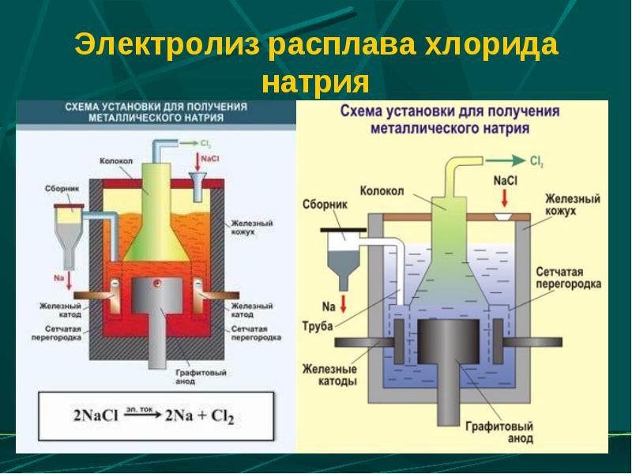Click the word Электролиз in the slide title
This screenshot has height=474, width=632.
167,44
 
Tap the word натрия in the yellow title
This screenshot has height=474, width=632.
315,83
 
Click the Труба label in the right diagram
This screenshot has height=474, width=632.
318,325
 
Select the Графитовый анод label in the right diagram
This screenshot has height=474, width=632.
499,431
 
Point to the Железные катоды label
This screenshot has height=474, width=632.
329,374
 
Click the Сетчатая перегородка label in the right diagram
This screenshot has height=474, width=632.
568,278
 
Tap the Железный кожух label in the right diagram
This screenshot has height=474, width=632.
572,205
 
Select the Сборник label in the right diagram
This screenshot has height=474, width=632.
325,205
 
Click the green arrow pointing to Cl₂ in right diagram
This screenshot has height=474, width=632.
506,161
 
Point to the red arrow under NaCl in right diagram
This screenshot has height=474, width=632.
504,198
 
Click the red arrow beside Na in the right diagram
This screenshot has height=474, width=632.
344,304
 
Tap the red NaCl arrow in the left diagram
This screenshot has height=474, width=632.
197,162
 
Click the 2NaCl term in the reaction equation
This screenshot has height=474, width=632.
96,416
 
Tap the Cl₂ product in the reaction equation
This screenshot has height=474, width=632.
223,416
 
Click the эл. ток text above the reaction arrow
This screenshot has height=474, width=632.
139,409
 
